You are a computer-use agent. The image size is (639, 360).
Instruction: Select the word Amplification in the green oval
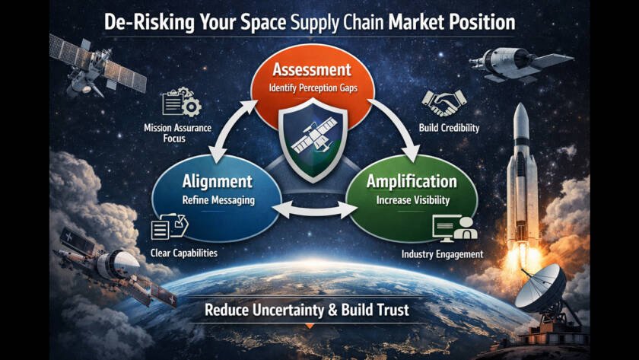(x=411, y=182)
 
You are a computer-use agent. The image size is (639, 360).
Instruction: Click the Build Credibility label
(x=449, y=128)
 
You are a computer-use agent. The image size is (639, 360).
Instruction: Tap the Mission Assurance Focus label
(x=177, y=133)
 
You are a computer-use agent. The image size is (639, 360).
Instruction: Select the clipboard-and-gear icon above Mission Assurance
(x=180, y=104)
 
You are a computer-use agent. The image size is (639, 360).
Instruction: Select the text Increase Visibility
(x=411, y=200)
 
